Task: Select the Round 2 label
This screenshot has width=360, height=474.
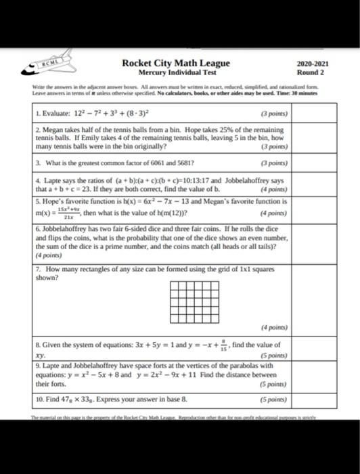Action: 312,72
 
